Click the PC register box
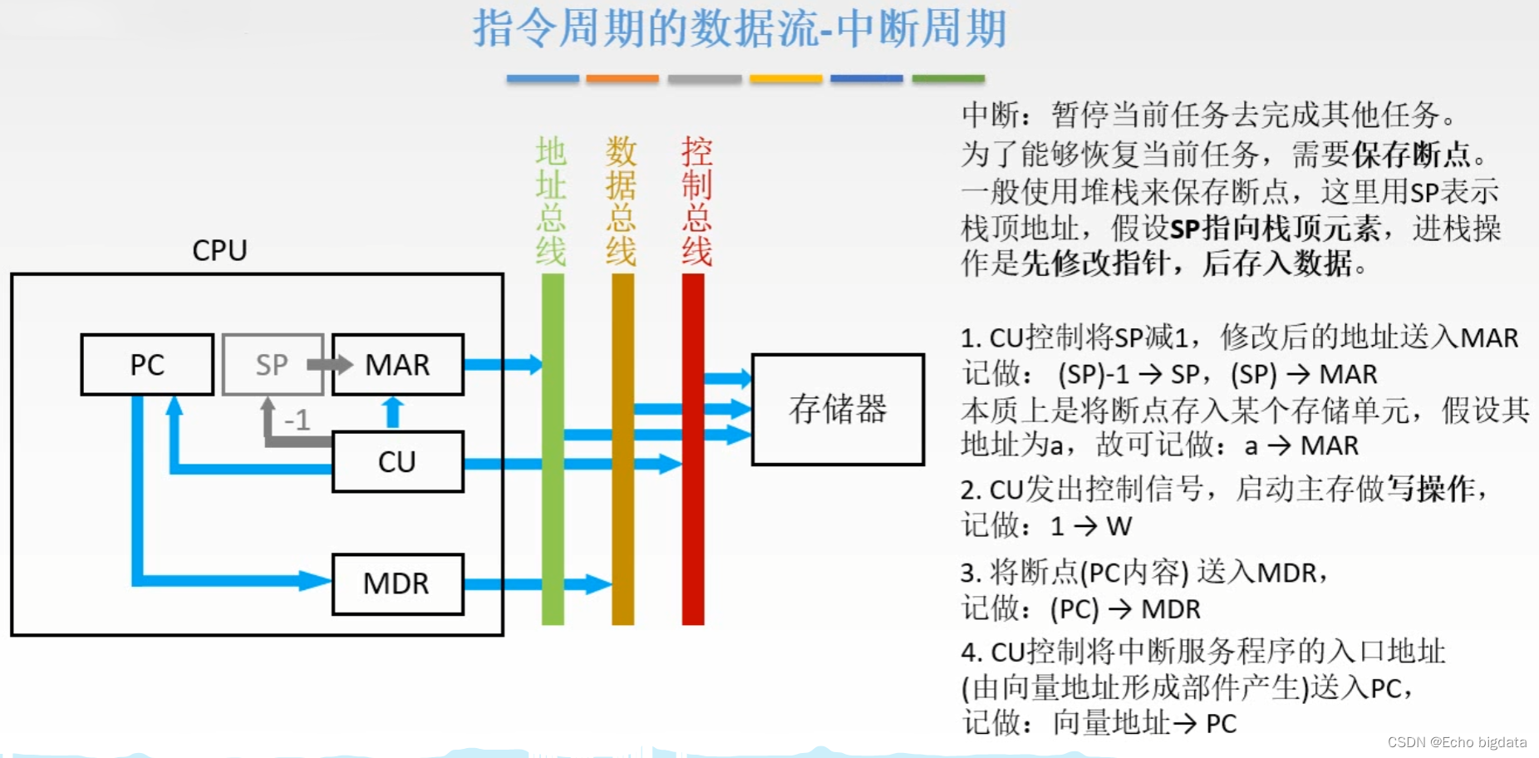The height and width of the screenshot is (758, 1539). coord(147,364)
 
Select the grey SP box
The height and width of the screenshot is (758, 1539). coord(272,364)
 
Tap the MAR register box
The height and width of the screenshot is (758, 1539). coord(398,364)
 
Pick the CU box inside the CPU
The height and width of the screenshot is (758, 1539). coord(397,461)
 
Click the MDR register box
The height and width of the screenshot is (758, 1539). coord(397,583)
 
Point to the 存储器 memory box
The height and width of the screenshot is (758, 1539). coord(838,409)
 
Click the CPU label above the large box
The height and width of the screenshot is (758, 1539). coord(219,250)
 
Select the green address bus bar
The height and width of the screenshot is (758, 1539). coord(553,499)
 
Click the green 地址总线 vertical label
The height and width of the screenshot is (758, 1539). coord(551,201)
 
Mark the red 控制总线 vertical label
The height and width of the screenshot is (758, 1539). coord(696,201)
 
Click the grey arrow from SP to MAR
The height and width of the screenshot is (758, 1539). coord(330,364)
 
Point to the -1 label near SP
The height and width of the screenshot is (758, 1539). coord(297,420)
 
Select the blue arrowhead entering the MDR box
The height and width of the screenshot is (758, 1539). coord(317,580)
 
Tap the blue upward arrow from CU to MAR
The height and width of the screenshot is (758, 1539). coord(393,411)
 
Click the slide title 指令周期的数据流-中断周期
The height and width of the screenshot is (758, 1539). coord(740,28)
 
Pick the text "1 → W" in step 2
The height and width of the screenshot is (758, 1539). coord(1090,525)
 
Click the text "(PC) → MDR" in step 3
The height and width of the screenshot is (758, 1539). coord(1125,609)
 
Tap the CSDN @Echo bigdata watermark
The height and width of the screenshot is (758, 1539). coord(1457,742)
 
